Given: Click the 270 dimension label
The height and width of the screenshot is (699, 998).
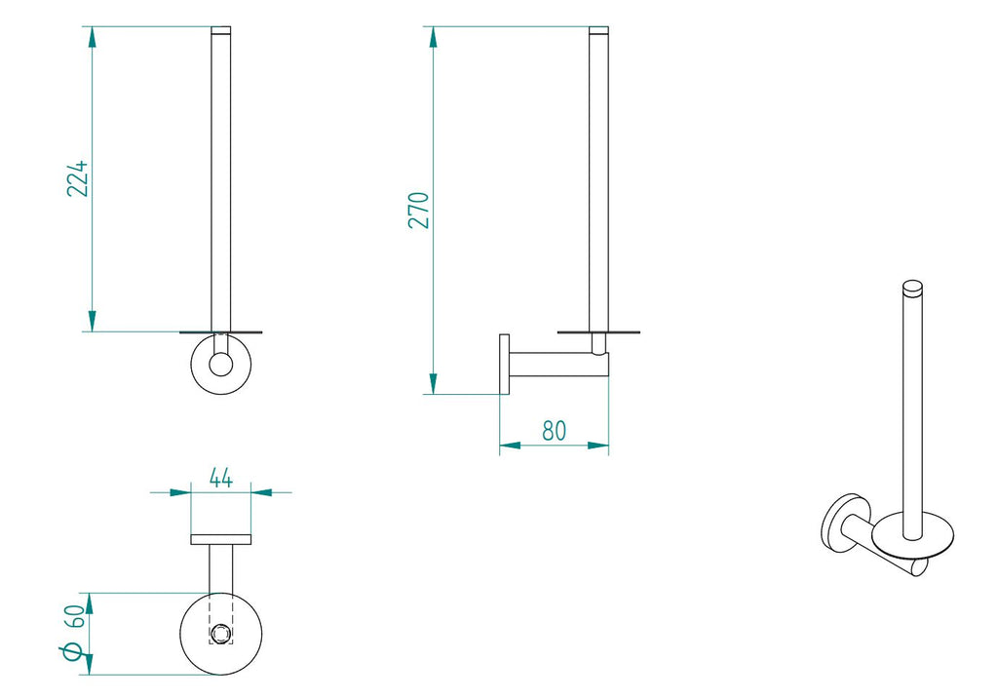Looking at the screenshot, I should (x=418, y=211).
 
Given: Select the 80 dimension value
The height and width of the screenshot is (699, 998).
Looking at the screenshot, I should (x=555, y=429).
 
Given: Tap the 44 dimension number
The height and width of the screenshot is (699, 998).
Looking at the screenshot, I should (x=221, y=478).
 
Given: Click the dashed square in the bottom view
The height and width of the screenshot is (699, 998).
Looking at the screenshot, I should (x=221, y=633).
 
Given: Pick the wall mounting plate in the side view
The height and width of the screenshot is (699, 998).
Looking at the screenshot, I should (x=504, y=366).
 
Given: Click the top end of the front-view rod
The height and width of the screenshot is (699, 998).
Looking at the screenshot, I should (x=221, y=31).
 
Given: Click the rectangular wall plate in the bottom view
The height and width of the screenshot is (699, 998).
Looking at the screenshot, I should (x=221, y=539).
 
